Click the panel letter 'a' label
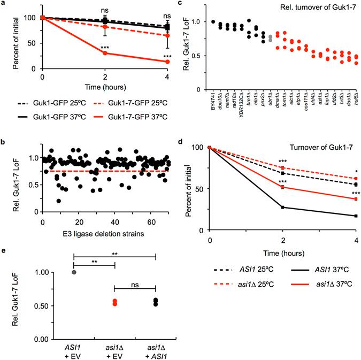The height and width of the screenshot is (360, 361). click(4, 4)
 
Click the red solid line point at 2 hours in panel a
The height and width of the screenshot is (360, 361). click(105, 53)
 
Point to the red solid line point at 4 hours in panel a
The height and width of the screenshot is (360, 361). click(168, 62)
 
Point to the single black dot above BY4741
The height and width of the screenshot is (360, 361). click(213, 22)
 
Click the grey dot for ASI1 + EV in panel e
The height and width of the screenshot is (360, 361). click(74, 272)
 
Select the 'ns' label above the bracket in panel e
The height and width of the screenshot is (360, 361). click(135, 282)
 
